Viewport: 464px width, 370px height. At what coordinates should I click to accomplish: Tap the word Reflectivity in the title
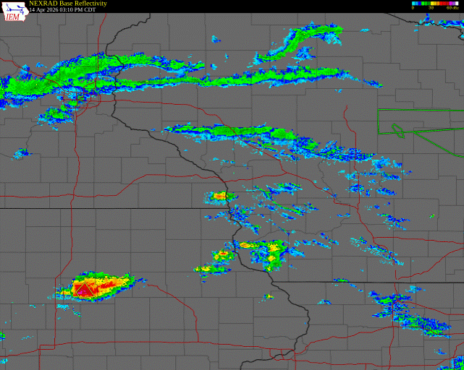pyautogui.click(x=90, y=4)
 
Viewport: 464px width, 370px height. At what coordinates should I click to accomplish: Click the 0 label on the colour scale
pyautogui.click(x=413, y=7)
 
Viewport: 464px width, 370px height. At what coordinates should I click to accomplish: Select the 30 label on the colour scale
pyautogui.click(x=431, y=7)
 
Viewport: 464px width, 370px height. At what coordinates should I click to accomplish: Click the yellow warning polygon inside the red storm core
pyautogui.click(x=83, y=291)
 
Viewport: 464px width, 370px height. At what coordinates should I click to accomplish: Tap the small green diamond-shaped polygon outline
pyautogui.click(x=397, y=130)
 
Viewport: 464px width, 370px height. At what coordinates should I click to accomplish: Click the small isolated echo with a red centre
pyautogui.click(x=269, y=296)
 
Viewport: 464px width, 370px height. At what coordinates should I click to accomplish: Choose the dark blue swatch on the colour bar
pyautogui.click(x=421, y=3)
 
